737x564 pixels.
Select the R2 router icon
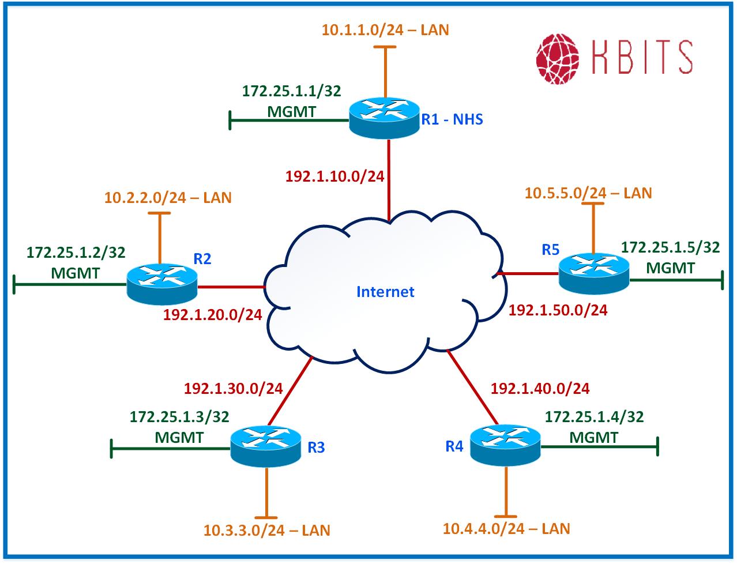point(161,283)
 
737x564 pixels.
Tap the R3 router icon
point(265,445)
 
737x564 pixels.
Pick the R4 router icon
point(505,444)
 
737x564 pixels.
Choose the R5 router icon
point(594,273)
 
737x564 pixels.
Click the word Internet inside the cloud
point(385,292)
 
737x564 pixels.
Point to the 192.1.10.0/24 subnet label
point(335,176)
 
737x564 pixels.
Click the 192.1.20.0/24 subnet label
point(213,314)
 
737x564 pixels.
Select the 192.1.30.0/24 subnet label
point(234,388)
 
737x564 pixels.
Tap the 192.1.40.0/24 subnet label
point(540,388)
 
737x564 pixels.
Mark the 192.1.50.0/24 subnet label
point(558,310)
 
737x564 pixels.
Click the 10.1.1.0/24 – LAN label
point(385,29)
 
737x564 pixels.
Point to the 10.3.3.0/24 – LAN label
point(267,530)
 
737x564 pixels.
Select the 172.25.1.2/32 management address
point(76,252)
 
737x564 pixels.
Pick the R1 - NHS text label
point(452,119)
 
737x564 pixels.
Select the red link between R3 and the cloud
point(290,390)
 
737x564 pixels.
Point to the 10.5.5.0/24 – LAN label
point(588,193)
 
